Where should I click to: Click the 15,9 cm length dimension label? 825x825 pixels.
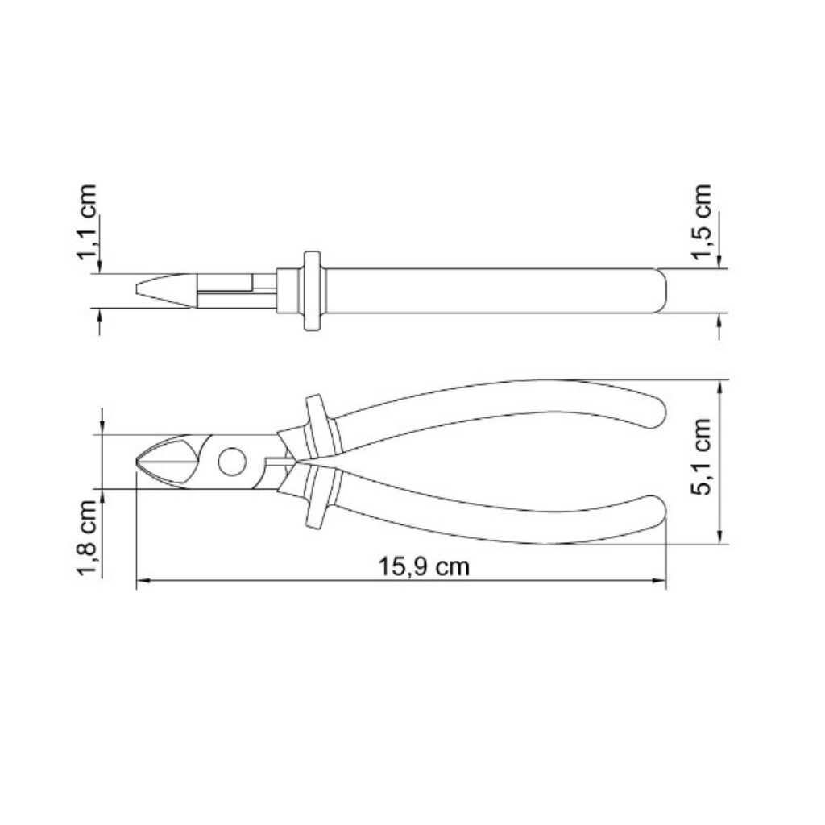[424, 566]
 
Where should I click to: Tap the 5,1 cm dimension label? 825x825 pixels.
[700, 456]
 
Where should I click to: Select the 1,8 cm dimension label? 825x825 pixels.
[87, 537]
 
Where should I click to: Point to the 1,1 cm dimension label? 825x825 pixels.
[87, 222]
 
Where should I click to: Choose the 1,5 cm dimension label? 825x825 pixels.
[702, 222]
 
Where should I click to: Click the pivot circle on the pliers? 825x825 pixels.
[232, 462]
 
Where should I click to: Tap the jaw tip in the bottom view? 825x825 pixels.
[139, 462]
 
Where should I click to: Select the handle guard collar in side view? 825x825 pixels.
[312, 291]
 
